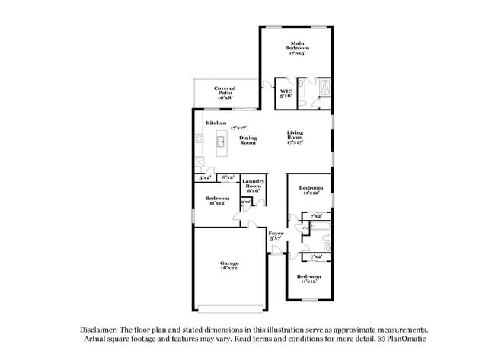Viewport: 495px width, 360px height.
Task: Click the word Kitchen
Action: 216,123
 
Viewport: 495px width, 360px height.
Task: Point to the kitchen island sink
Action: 220,141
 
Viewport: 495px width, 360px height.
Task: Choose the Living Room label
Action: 295,136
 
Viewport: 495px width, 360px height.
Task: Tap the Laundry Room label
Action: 253,186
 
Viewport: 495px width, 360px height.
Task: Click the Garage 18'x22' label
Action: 230,266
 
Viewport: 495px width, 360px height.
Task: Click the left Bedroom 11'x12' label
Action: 217,200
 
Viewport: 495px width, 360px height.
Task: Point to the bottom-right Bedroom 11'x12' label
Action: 308,279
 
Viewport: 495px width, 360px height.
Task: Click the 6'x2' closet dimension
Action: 228,177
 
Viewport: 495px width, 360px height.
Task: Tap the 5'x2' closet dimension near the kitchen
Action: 204,177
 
